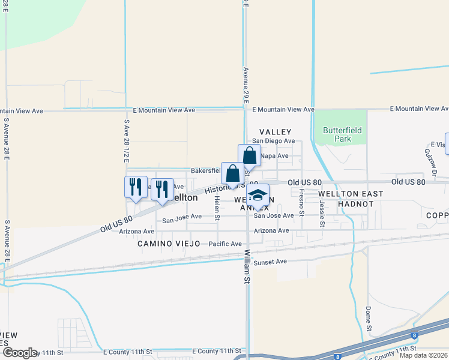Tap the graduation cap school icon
point(258,196)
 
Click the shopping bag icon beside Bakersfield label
point(232,175)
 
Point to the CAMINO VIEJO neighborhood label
point(167,244)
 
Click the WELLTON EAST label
point(346,194)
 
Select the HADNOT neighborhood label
point(356,204)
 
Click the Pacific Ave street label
point(225,244)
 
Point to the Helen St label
point(217,209)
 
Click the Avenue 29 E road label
point(246,85)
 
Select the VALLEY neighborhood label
point(275,132)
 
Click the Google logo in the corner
point(19,353)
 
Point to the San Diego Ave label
point(273,141)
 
